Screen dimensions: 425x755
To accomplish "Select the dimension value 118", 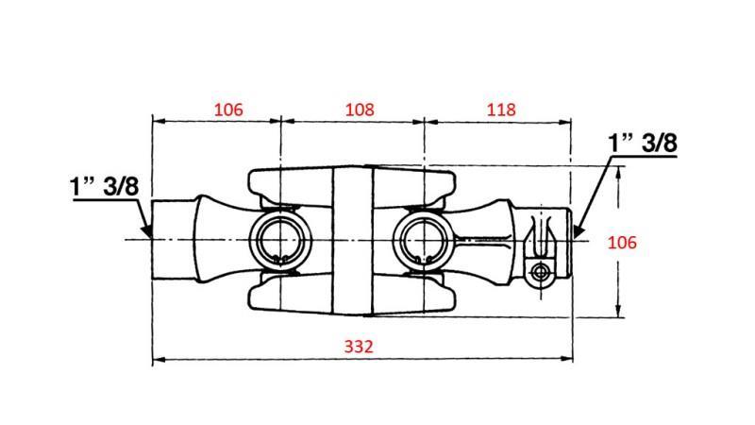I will coord(501,110).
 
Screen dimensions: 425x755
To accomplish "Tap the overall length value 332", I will coord(361,347).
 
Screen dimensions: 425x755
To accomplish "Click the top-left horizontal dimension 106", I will coord(228,110).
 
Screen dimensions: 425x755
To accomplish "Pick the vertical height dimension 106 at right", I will coord(622,243).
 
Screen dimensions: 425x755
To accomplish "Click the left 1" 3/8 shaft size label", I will coord(104,186).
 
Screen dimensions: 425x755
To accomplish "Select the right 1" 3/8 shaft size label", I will coord(644,144).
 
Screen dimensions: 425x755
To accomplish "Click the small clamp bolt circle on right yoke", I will coord(540,272).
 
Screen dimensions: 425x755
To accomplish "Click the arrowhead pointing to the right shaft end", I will coord(579,229).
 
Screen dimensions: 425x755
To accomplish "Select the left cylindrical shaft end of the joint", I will coord(174,240).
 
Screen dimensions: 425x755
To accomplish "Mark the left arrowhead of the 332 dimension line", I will coord(157,359).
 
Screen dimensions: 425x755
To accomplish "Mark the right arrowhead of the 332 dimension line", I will coord(569,359).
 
